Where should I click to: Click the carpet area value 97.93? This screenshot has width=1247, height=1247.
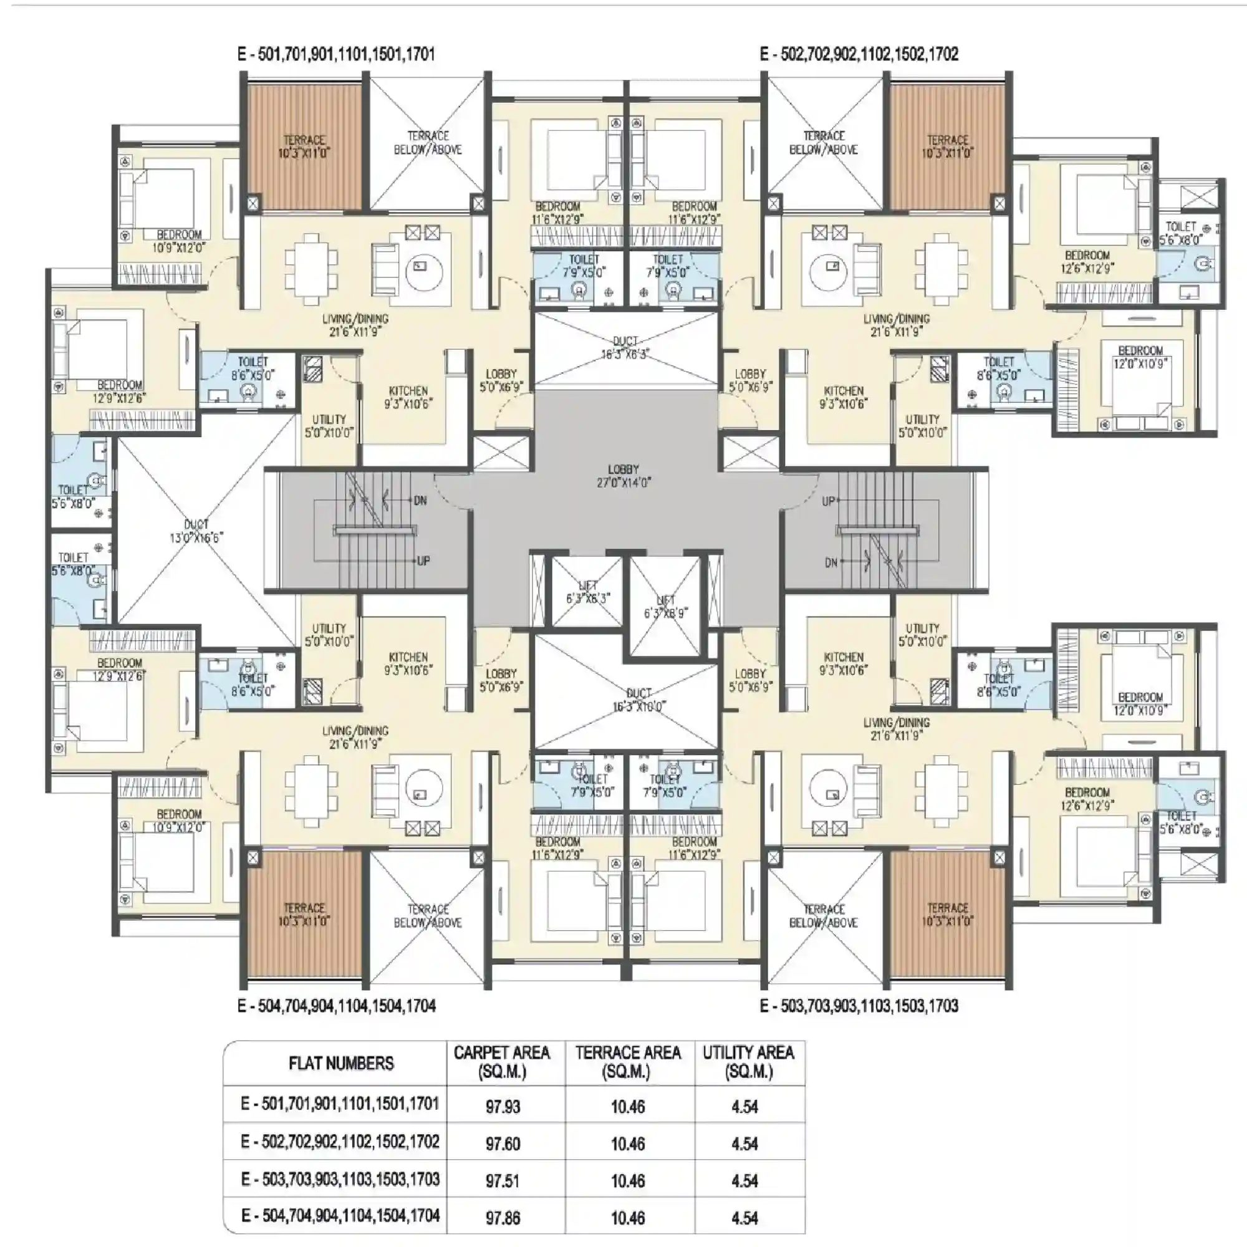point(502,1107)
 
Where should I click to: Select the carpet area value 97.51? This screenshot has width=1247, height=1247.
point(502,1180)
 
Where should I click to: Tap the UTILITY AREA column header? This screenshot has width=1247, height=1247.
point(748,1062)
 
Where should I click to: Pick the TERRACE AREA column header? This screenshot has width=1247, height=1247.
point(627,1062)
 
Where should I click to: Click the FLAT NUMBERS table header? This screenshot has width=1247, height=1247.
point(341,1063)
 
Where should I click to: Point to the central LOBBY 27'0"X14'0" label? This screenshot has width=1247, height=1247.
point(623,476)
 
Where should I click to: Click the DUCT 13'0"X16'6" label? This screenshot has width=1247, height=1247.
point(196,531)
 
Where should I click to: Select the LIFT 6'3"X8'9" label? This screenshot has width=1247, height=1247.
point(665,607)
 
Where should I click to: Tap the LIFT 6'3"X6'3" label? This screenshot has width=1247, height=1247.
point(587,592)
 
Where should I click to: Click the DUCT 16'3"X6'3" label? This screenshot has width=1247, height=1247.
point(625,347)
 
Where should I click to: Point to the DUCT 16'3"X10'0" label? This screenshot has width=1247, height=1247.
point(638,700)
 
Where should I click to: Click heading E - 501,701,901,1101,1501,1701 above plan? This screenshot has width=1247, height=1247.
point(336,54)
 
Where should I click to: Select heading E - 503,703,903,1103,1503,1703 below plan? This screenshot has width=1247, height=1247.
point(859,1006)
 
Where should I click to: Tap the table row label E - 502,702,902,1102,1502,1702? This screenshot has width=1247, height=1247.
point(340,1142)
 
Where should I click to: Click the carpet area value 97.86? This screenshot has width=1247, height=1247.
point(502,1218)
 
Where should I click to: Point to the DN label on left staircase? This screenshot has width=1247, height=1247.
point(420,500)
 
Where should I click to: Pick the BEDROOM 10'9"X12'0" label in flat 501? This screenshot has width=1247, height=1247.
point(179,241)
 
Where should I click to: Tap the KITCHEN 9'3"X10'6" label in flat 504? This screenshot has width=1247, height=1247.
point(408,663)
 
